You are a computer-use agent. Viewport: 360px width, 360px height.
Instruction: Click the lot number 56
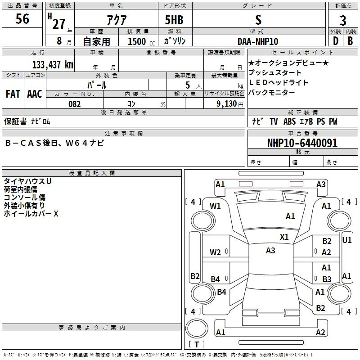(x=22, y=19)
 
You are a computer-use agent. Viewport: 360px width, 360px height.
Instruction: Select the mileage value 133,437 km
(x=53, y=65)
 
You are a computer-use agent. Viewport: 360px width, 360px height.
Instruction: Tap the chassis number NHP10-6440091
(x=302, y=143)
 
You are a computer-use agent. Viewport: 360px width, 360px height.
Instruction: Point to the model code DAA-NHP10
(x=258, y=41)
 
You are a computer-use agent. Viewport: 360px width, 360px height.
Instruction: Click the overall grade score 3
(x=343, y=21)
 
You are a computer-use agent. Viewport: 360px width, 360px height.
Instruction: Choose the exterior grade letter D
(x=336, y=41)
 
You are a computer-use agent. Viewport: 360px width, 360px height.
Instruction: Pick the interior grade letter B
(x=350, y=41)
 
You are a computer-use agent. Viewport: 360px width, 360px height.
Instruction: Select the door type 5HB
(x=174, y=20)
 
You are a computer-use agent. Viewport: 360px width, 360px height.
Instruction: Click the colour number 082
(x=74, y=104)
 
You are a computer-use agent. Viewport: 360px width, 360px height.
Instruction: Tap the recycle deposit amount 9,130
(x=226, y=104)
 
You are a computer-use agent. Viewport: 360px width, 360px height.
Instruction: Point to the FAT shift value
(x=13, y=94)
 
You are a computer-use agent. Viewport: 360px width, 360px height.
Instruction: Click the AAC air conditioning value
(x=35, y=94)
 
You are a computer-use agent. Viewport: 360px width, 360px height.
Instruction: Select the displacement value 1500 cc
(x=141, y=41)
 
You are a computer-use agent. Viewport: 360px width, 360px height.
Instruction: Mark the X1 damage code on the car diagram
(x=284, y=237)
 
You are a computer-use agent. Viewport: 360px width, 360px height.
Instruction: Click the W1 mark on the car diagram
(x=215, y=206)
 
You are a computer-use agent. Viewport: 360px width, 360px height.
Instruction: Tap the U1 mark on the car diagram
(x=346, y=240)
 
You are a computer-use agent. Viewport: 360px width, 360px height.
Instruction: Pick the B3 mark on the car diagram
(x=327, y=279)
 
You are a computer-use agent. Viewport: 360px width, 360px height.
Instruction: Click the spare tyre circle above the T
(x=197, y=328)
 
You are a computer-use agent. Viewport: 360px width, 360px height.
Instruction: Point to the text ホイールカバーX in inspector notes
(x=31, y=214)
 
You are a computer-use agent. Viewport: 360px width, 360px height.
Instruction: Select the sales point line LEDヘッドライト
(x=278, y=82)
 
